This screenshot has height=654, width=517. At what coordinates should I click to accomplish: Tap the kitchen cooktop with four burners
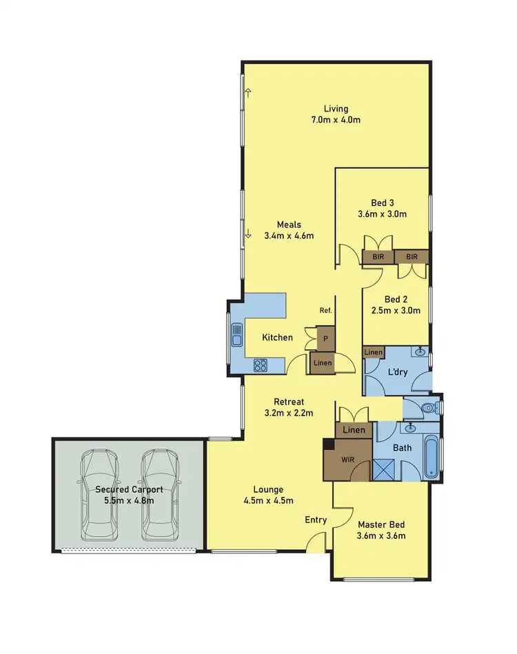coord(261,365)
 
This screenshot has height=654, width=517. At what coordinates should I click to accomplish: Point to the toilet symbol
coord(429,408)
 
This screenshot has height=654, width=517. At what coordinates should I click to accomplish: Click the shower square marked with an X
coord(383,470)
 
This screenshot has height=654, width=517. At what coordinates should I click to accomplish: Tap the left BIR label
coord(378,256)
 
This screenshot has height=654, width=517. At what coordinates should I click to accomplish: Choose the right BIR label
coord(412,256)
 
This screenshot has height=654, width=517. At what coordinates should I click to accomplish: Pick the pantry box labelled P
coord(325,340)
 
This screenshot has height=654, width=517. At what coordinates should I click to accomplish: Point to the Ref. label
coord(325,311)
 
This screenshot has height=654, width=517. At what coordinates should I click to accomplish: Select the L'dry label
coord(398,371)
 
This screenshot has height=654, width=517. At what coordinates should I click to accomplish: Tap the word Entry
coord(316,520)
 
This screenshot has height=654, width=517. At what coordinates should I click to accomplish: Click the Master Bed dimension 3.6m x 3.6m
coord(381,536)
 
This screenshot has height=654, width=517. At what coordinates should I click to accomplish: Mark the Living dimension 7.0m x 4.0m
coord(336,120)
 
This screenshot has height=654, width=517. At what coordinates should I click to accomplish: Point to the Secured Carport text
coord(129,489)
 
